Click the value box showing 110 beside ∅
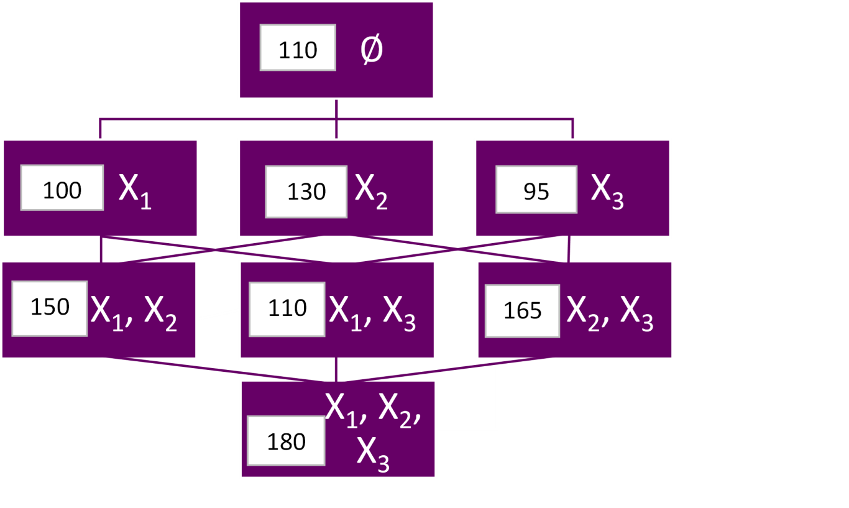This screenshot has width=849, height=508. [x=298, y=48]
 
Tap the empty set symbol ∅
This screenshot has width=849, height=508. [x=372, y=50]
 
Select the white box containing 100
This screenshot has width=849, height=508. [x=62, y=188]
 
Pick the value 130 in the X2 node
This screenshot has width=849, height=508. [x=306, y=192]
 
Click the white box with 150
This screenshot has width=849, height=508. [x=50, y=308]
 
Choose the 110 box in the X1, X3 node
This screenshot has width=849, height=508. [x=287, y=309]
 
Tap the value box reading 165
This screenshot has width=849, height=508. [x=523, y=311]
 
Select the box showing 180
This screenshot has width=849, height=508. [x=286, y=441]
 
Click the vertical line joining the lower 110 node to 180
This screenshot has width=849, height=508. [x=336, y=369]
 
